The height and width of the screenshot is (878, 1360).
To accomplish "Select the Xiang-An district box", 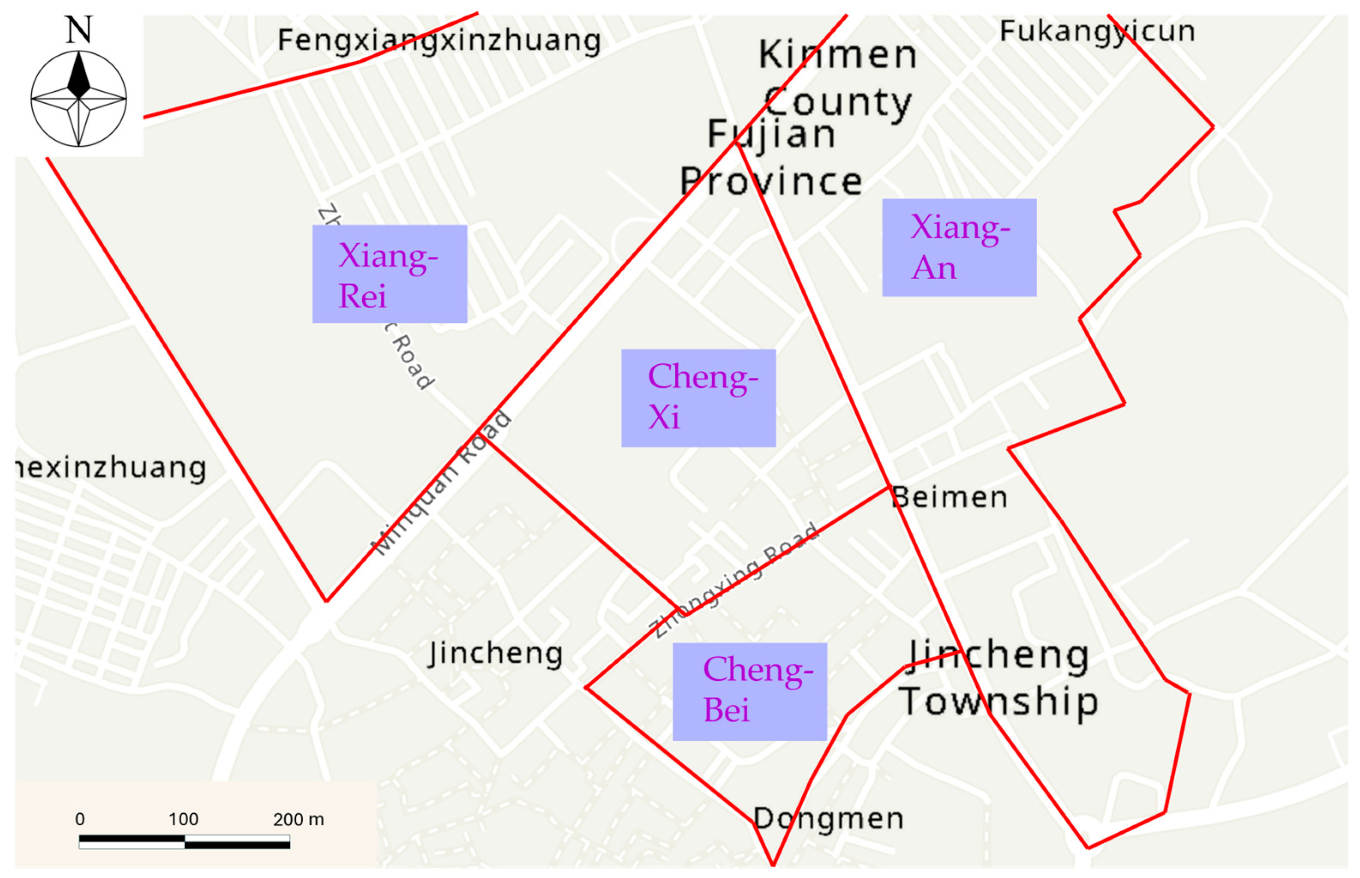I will (959, 247).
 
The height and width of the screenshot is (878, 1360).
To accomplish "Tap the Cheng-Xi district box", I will (698, 398).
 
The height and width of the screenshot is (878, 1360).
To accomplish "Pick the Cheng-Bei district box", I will (750, 692).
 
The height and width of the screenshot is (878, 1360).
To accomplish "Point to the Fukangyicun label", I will (1097, 31).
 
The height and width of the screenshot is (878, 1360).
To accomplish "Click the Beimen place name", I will (949, 497).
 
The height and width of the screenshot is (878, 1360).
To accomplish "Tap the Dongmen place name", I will (828, 819).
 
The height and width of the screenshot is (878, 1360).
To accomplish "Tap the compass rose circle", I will (79, 99).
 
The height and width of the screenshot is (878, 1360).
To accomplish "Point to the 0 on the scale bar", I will (80, 819).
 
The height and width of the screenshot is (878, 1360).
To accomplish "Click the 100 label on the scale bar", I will (184, 819).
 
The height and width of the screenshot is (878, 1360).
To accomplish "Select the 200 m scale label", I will (298, 819).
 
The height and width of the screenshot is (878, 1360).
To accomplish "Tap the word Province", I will (771, 181).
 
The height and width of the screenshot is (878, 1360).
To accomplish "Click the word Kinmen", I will (837, 55).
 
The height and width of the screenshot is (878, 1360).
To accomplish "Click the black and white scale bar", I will (184, 842).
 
